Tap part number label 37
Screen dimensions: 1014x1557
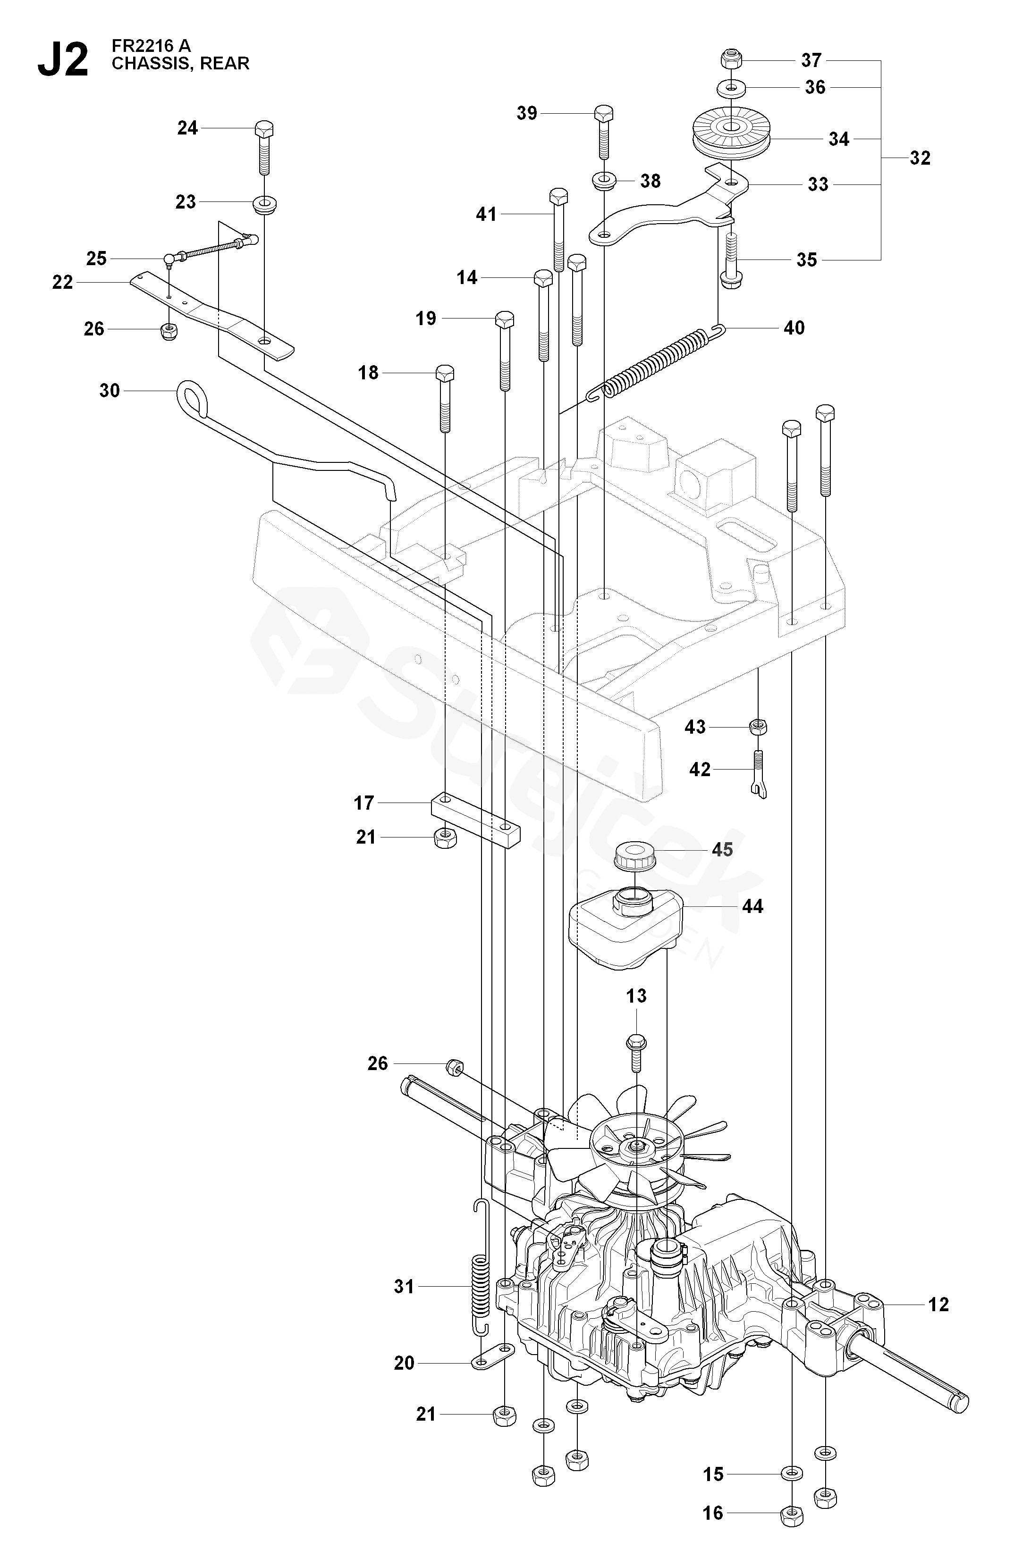(x=811, y=60)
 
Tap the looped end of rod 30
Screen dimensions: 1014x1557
(x=192, y=397)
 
